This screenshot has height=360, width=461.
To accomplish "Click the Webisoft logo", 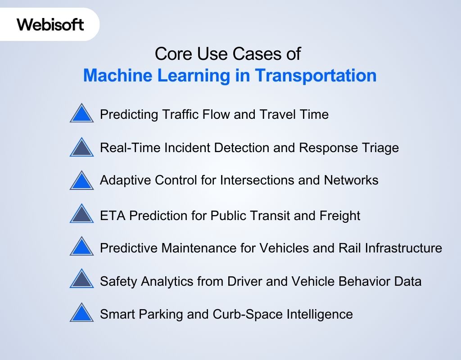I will pyautogui.click(x=50, y=24).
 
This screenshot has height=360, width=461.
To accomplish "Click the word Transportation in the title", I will pyautogui.click(x=316, y=75).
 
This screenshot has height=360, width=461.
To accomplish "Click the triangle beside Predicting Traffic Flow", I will pyautogui.click(x=82, y=114).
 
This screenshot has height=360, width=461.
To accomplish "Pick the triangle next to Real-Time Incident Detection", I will pyautogui.click(x=82, y=148).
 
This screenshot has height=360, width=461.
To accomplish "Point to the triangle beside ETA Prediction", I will pyautogui.click(x=82, y=214).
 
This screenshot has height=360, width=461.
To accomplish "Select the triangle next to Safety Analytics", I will pyautogui.click(x=82, y=280).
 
